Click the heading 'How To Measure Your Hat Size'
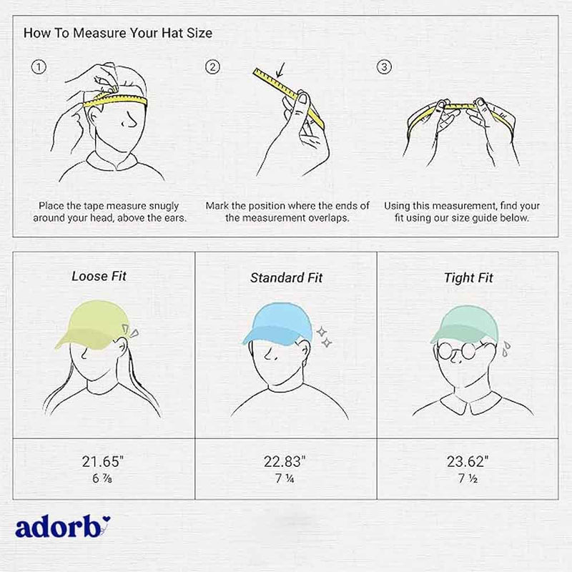tap(118, 33)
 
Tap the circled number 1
tap(39, 67)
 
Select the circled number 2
tap(212, 67)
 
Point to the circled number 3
tap(384, 67)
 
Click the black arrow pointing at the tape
tap(280, 70)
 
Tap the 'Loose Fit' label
tap(99, 276)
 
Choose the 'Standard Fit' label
tap(287, 277)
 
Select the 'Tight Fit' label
tap(468, 278)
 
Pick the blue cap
tap(277, 323)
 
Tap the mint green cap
tap(465, 324)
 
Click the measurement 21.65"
tap(103, 461)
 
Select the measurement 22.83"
tap(285, 461)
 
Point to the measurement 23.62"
tap(468, 461)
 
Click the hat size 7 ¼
tap(285, 478)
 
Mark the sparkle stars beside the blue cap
tap(325, 337)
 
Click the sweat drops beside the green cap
tap(506, 348)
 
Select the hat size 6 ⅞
tap(102, 478)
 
